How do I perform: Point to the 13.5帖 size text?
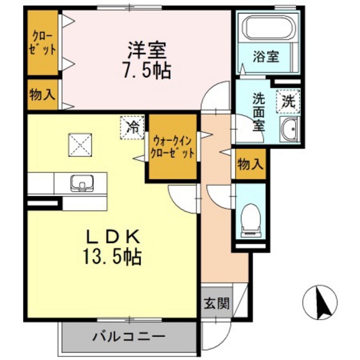[111, 258]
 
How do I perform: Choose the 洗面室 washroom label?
[258, 111]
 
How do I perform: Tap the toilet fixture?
[249, 219]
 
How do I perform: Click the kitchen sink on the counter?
[82, 183]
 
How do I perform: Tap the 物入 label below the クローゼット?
[42, 95]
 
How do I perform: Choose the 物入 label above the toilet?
[249, 165]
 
